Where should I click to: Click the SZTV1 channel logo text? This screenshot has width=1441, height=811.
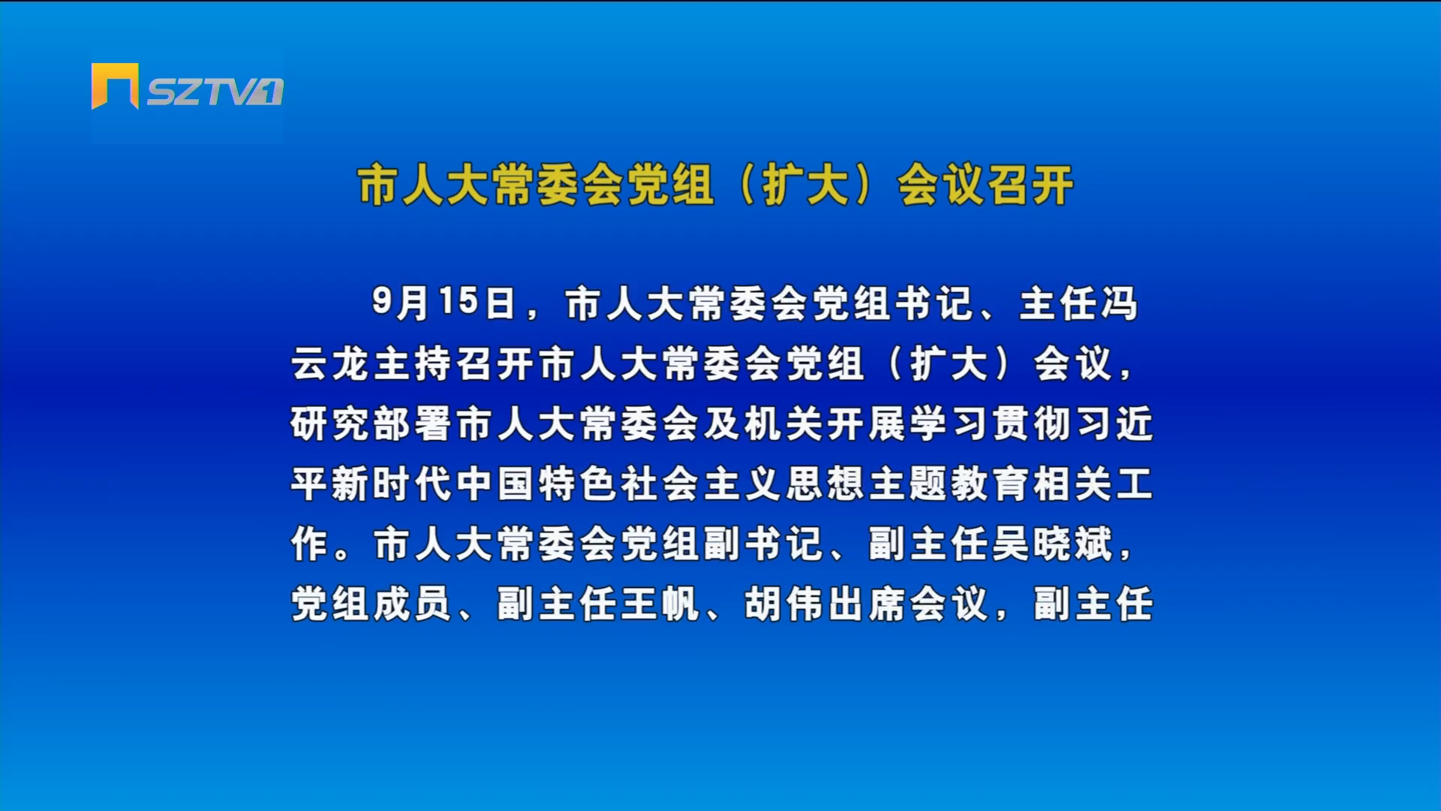tap(215, 92)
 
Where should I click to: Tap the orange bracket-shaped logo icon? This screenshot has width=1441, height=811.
tap(115, 86)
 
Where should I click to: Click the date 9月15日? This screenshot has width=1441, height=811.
tap(444, 303)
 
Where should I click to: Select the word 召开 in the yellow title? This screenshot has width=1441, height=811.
tap(1030, 185)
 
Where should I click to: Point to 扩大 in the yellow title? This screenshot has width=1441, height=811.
tap(806, 185)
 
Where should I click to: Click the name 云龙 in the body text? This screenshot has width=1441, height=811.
tap(331, 363)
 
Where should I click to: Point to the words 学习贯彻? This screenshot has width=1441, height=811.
tap(991, 424)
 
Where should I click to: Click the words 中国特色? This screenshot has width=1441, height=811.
tap(537, 484)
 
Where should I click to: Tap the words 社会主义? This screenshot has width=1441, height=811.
tap(702, 484)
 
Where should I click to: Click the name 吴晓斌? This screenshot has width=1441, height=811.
tap(1053, 544)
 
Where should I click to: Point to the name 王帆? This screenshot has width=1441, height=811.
tap(661, 604)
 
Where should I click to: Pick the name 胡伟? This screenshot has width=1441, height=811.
tap(785, 604)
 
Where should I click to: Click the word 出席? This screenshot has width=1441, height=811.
tap(868, 604)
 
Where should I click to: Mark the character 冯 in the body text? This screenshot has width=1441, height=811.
tap(1119, 303)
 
